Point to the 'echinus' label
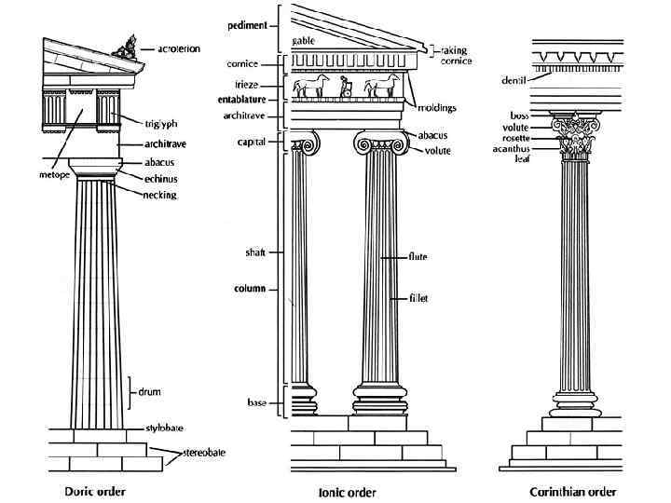(161, 178)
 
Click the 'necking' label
(160, 195)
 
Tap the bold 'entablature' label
(242, 99)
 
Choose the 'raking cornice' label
(458, 55)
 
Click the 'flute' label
(417, 256)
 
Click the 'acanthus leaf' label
(514, 153)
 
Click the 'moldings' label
(436, 108)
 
